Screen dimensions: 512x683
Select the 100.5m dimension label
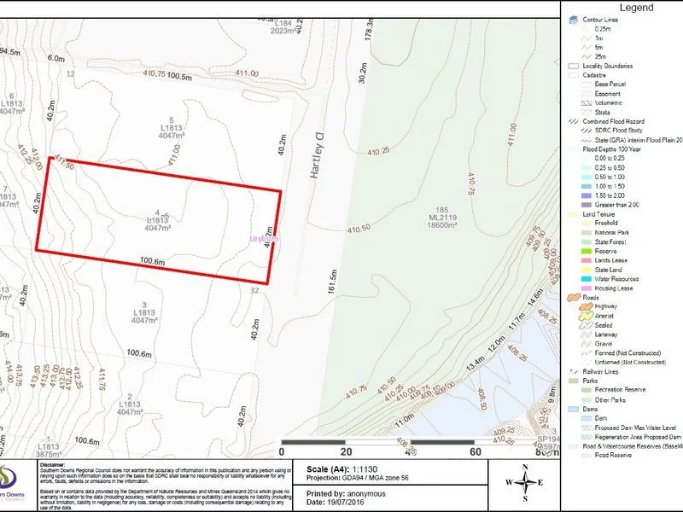(180, 77)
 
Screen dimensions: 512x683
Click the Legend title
(635, 8)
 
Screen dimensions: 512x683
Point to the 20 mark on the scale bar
(347, 452)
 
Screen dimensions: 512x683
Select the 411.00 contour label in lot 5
(174, 155)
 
